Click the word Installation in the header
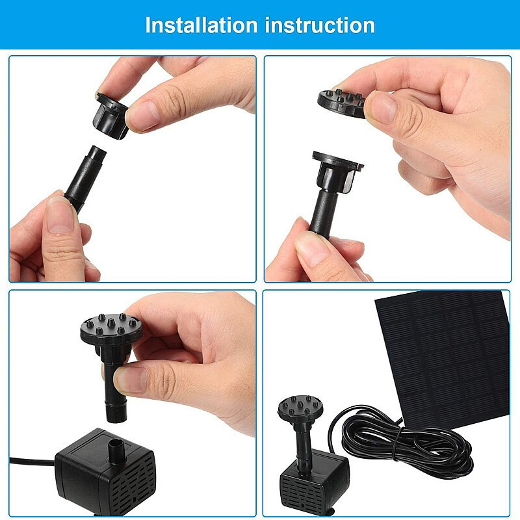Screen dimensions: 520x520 [x=201, y=25]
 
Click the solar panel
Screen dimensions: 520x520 [x=442, y=357]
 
